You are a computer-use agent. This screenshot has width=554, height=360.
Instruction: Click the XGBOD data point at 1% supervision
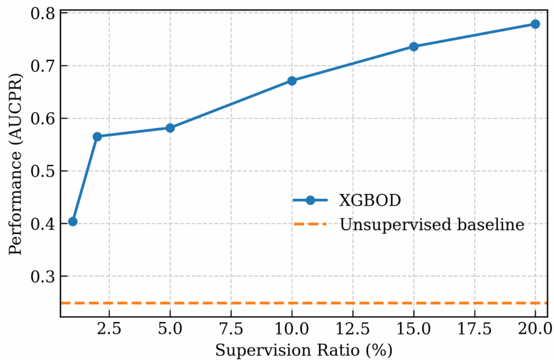pyautogui.click(x=72, y=221)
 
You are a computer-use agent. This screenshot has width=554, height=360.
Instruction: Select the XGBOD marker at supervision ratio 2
pyautogui.click(x=97, y=136)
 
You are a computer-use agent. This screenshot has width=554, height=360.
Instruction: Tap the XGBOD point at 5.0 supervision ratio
pyautogui.click(x=170, y=128)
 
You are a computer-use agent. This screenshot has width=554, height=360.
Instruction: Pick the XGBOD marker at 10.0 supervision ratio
pyautogui.click(x=292, y=81)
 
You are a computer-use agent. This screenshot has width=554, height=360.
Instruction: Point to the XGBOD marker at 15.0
pyautogui.click(x=414, y=47)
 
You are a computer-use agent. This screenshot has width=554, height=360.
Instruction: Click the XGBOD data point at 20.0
pyautogui.click(x=535, y=24)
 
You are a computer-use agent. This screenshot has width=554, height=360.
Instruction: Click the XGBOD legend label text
pyautogui.click(x=370, y=200)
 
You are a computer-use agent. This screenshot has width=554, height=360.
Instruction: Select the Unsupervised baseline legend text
pyautogui.click(x=432, y=224)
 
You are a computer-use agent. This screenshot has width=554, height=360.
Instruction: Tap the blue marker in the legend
pyautogui.click(x=311, y=200)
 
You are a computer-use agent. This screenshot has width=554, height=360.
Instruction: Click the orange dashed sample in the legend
pyautogui.click(x=311, y=224)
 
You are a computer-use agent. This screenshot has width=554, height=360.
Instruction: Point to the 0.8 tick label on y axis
pyautogui.click(x=42, y=13)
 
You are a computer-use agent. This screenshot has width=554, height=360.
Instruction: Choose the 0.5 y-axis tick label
pyautogui.click(x=42, y=171)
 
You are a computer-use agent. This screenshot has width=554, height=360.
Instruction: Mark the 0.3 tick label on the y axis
pyautogui.click(x=42, y=277)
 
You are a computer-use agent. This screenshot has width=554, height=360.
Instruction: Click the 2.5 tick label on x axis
pyautogui.click(x=109, y=330)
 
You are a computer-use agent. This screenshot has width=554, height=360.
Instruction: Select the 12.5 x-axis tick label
pyautogui.click(x=353, y=330)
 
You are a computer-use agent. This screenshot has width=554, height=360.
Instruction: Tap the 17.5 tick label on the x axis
pyautogui.click(x=474, y=330)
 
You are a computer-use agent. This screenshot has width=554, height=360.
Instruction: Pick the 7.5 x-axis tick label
pyautogui.click(x=231, y=330)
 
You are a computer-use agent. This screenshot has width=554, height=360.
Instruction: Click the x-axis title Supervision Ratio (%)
pyautogui.click(x=303, y=350)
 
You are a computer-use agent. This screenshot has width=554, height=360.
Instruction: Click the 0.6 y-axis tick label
pyautogui.click(x=42, y=119)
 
